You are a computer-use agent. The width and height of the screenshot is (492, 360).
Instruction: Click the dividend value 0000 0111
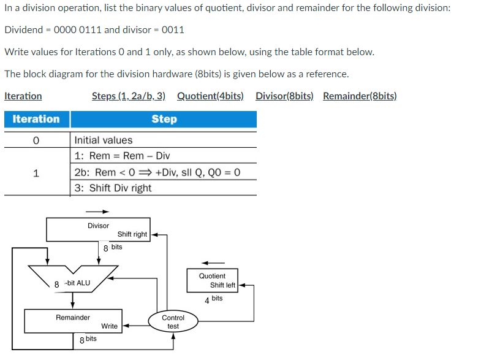tap(78, 30)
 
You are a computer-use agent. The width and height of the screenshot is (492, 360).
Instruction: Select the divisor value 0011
tap(172, 30)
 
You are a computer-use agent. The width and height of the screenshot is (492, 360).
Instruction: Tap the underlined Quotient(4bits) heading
tap(210, 96)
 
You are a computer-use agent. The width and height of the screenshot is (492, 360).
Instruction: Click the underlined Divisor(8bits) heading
tap(284, 96)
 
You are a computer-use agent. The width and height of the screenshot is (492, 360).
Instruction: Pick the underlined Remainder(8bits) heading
tap(360, 96)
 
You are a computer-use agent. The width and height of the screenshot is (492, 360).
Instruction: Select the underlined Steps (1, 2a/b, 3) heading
tap(129, 96)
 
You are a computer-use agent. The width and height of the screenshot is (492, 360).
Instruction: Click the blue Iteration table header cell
tap(36, 119)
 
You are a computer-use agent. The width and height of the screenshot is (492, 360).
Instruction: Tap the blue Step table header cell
tap(164, 119)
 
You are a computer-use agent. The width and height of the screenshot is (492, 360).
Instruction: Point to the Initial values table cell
tap(103, 140)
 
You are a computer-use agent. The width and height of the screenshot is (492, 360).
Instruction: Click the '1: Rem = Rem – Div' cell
tap(122, 156)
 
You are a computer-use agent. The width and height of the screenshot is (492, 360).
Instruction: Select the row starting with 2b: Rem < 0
tap(157, 172)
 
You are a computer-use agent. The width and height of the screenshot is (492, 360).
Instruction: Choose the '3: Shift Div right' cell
tap(113, 188)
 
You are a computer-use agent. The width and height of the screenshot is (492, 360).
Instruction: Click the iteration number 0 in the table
tap(36, 140)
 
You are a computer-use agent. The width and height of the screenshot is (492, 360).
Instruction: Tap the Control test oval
tap(173, 322)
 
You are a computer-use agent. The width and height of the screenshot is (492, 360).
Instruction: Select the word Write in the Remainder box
tap(110, 326)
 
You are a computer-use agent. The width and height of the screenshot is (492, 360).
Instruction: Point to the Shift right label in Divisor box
tap(132, 234)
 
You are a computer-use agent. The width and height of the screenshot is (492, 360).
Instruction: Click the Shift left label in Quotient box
tap(222, 285)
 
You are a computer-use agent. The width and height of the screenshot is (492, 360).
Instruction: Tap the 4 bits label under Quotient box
tap(214, 299)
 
